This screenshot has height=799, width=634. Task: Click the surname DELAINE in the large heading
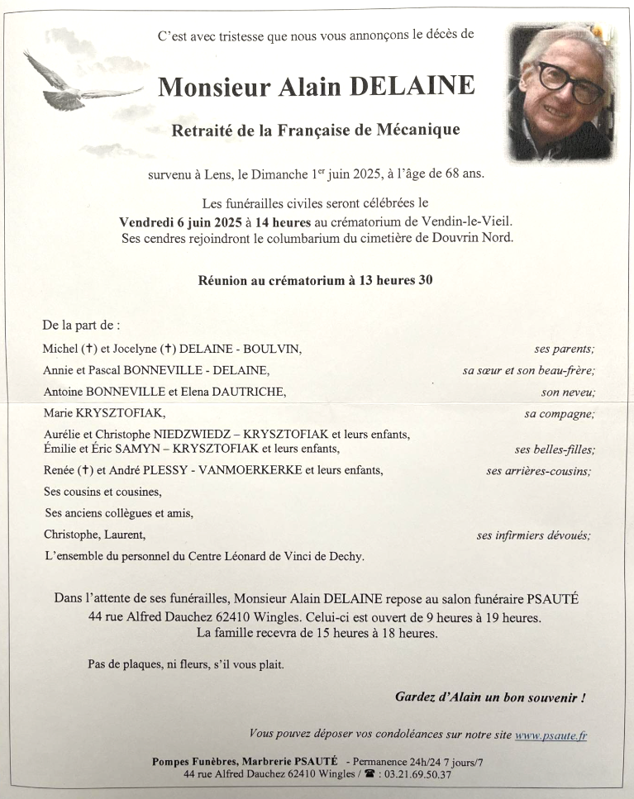413,87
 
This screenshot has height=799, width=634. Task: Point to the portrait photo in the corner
561,92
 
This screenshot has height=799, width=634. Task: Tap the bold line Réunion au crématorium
315,280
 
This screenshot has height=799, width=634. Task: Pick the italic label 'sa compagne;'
559,414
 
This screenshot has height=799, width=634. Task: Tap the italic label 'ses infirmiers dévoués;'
533,535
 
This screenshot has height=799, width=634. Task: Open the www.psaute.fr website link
551,735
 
